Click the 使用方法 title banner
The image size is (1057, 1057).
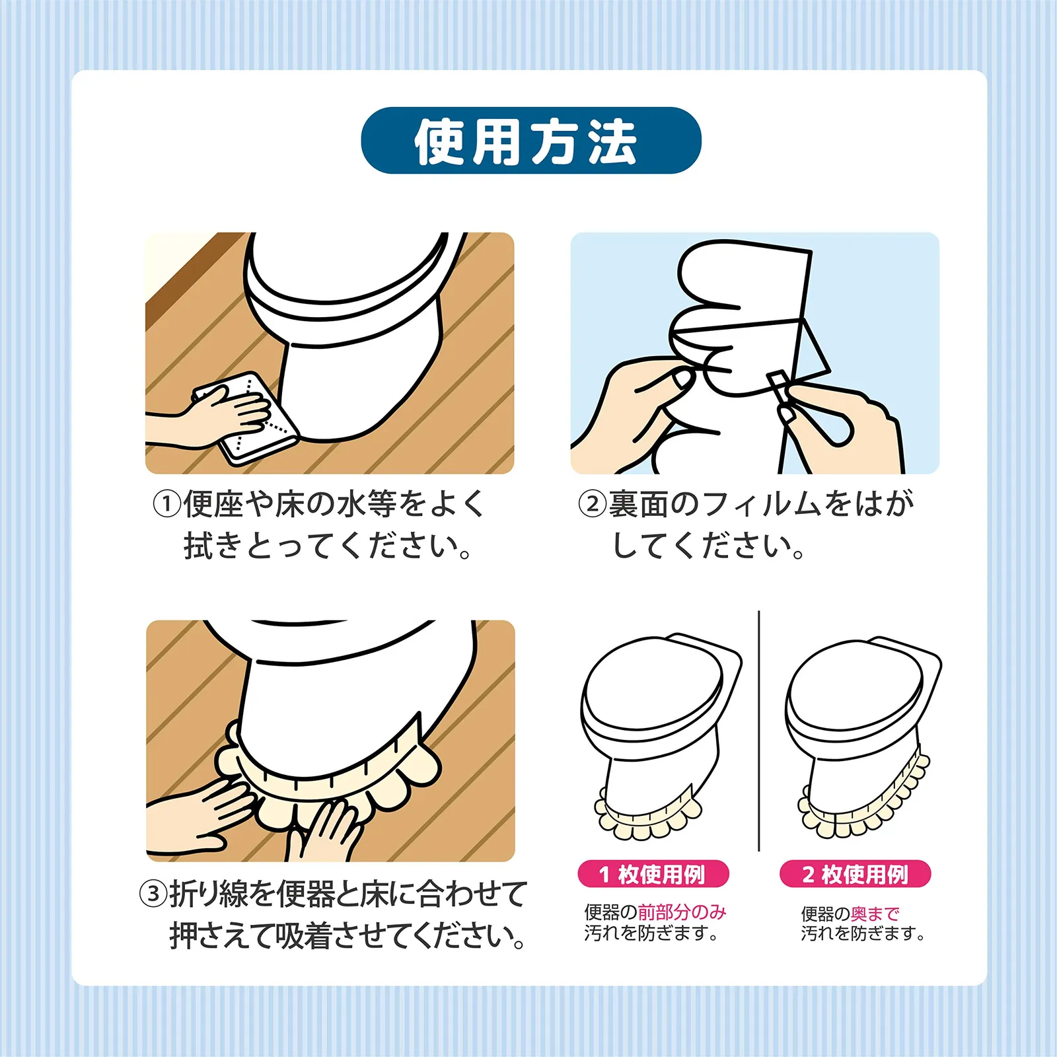point(530,141)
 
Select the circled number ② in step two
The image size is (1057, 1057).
point(593,504)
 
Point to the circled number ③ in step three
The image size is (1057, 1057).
point(153,893)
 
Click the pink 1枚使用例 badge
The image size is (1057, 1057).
point(653,874)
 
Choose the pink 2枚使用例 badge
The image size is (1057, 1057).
point(856,874)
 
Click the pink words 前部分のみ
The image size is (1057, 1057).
point(682,912)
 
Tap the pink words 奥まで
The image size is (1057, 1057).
point(875,914)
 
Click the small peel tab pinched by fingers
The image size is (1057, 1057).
point(778,387)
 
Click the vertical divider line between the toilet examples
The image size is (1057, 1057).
point(759,730)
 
